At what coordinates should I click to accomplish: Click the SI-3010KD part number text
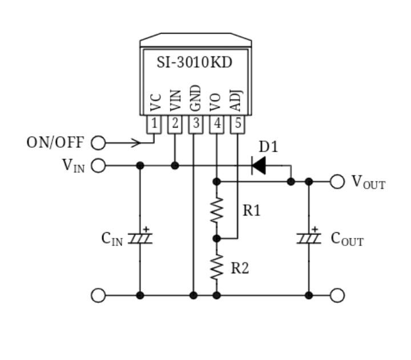pyautogui.click(x=195, y=62)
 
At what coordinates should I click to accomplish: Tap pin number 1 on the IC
pyautogui.click(x=154, y=123)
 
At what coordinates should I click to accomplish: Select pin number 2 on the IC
pyautogui.click(x=175, y=123)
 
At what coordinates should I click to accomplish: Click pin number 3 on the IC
pyautogui.click(x=196, y=123)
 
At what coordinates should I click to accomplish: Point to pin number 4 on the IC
pyautogui.click(x=216, y=123)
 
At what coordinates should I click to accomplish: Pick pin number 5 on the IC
pyautogui.click(x=237, y=123)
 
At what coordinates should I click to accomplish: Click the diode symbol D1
pyautogui.click(x=259, y=165)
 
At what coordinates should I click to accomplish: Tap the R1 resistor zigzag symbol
pyautogui.click(x=216, y=210)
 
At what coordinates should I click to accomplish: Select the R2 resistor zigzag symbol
pyautogui.click(x=216, y=267)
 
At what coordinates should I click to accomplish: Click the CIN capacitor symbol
pyautogui.click(x=140, y=238)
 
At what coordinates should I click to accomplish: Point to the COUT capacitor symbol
pyautogui.click(x=309, y=238)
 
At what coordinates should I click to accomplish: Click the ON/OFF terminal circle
pyautogui.click(x=98, y=142)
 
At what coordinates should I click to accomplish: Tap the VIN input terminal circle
pyautogui.click(x=98, y=165)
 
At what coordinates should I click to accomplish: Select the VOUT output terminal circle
pyautogui.click(x=337, y=181)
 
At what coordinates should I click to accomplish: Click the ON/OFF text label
pyautogui.click(x=55, y=142)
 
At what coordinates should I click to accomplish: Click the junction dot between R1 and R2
pyautogui.click(x=216, y=238)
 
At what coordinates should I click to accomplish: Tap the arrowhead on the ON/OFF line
pyautogui.click(x=136, y=142)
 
